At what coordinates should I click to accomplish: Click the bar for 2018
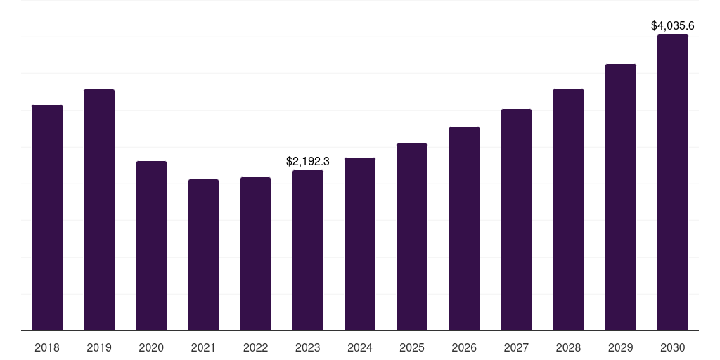click(47, 218)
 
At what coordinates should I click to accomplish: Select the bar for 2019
click(99, 210)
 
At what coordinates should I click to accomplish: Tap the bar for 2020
click(151, 246)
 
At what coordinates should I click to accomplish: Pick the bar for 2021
click(203, 255)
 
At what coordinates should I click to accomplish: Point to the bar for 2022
click(255, 254)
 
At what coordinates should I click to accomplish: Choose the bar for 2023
click(308, 250)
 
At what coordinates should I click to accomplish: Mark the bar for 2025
click(412, 237)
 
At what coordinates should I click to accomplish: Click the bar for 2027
click(516, 220)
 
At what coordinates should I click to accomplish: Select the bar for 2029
click(620, 198)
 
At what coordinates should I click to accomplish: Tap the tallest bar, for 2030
click(673, 183)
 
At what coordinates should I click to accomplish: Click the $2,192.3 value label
click(308, 161)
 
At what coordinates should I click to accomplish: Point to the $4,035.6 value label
click(673, 26)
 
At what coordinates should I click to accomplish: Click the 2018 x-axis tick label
click(47, 348)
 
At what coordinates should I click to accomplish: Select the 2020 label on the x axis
click(151, 348)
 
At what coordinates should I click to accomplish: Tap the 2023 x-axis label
click(308, 348)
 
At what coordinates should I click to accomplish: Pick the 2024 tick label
click(360, 348)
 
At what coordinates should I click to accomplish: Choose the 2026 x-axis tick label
click(464, 348)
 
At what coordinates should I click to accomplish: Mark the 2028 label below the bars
click(568, 348)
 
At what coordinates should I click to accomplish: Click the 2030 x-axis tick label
click(673, 348)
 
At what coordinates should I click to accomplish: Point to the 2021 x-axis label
click(203, 348)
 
